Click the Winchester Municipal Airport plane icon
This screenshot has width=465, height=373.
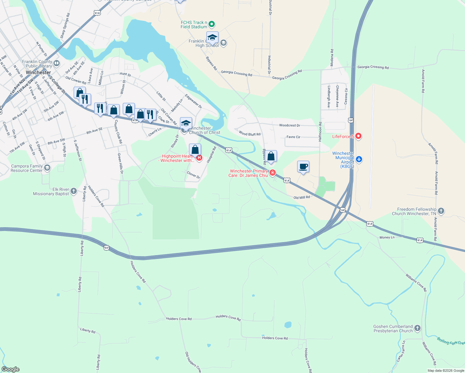[x=359, y=159]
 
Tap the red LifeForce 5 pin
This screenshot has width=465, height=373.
[x=358, y=136]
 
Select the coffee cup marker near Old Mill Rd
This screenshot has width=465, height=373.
[x=303, y=167]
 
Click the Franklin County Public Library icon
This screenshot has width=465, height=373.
[x=57, y=63]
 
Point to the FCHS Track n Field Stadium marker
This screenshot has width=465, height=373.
[x=212, y=24]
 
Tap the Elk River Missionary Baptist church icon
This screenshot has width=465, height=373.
[x=74, y=191]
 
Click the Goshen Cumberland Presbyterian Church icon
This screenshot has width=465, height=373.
[x=417, y=328]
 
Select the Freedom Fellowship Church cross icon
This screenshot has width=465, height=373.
[x=441, y=211]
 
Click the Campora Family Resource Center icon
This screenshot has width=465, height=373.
[x=47, y=168]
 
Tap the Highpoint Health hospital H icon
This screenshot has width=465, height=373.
[x=199, y=158]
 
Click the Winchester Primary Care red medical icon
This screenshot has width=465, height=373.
[x=273, y=173]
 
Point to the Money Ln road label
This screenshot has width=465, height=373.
[x=387, y=237]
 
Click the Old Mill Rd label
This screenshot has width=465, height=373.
[x=302, y=197]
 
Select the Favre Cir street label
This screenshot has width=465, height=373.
[x=293, y=137]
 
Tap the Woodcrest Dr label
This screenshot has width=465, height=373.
[x=289, y=126]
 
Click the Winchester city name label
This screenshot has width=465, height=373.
[x=38, y=72]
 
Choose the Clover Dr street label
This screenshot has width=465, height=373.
[x=193, y=175]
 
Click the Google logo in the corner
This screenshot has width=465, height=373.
[x=11, y=369]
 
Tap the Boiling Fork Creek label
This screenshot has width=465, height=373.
[x=451, y=341]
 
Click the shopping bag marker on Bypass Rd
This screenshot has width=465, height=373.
[x=271, y=156]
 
